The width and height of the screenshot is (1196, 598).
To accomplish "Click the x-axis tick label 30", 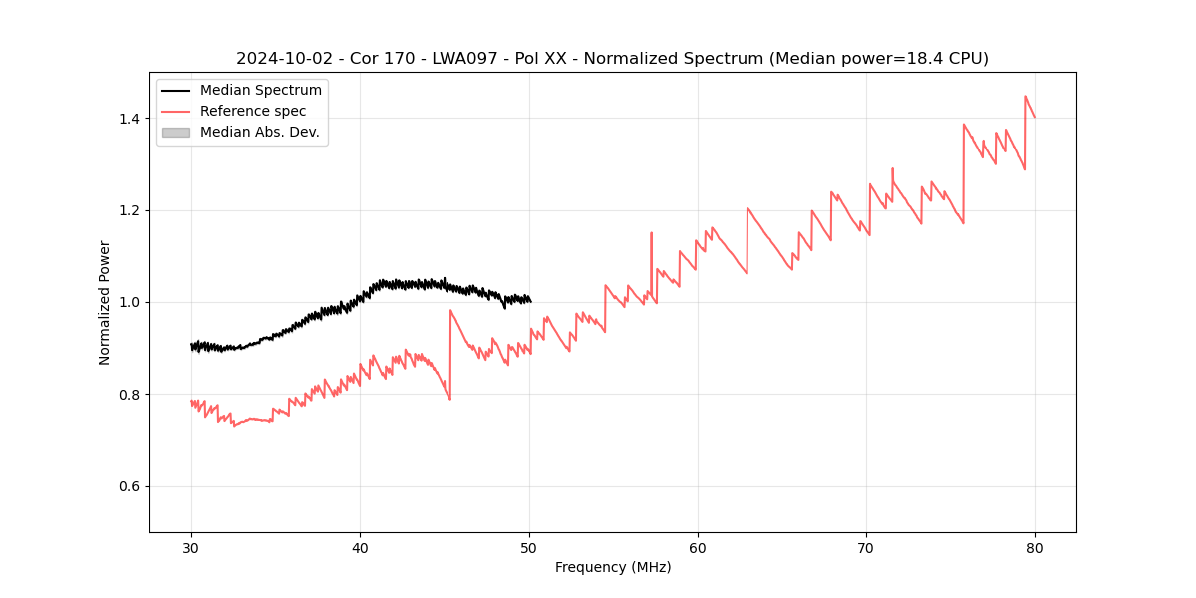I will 191,547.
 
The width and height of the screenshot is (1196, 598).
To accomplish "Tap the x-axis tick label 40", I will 360,547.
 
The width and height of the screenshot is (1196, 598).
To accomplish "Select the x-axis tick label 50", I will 529,547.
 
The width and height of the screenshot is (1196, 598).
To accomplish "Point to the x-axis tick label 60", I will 698,547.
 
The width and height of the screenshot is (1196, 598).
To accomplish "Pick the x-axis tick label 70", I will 866,547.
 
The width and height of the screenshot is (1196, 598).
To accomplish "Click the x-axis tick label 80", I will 1035,547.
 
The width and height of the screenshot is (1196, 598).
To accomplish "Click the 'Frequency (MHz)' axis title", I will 613,567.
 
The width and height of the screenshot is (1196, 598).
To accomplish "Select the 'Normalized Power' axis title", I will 105,302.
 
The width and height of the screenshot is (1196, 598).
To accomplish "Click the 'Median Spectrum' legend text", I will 260,91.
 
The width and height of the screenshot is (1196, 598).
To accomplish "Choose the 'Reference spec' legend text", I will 253,111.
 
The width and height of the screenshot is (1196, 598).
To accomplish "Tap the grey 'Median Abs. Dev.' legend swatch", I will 175,132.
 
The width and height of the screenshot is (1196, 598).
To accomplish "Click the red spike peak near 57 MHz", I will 651,233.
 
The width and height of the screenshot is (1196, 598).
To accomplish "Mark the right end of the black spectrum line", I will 530,301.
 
